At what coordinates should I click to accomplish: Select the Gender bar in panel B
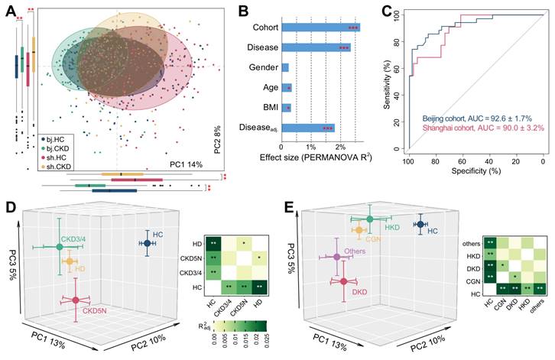(x=285, y=67)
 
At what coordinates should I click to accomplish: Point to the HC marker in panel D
(x=147, y=243)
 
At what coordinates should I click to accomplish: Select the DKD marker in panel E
(x=343, y=282)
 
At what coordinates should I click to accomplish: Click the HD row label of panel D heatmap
(x=198, y=244)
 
